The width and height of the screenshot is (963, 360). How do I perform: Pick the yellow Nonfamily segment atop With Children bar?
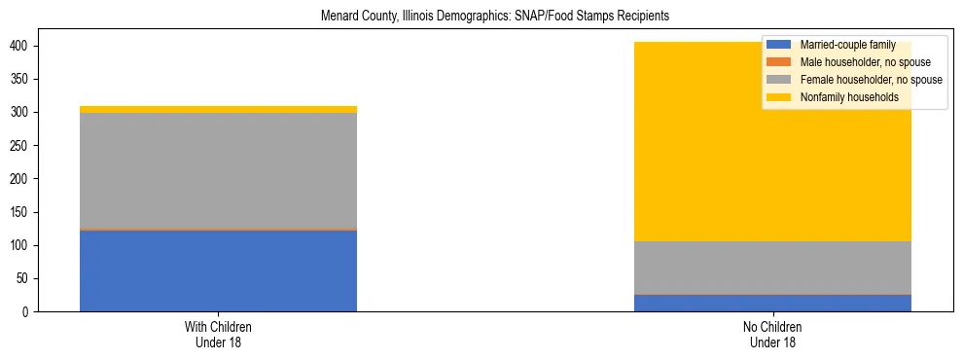coord(218,109)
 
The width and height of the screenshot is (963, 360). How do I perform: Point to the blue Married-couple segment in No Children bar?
coord(772,303)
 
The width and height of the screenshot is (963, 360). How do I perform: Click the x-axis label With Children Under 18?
coord(218,334)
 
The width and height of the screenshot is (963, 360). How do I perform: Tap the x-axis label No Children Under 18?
coord(772,334)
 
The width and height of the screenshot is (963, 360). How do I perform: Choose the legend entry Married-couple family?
coord(847,45)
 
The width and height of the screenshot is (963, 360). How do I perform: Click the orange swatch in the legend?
coord(779,62)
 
